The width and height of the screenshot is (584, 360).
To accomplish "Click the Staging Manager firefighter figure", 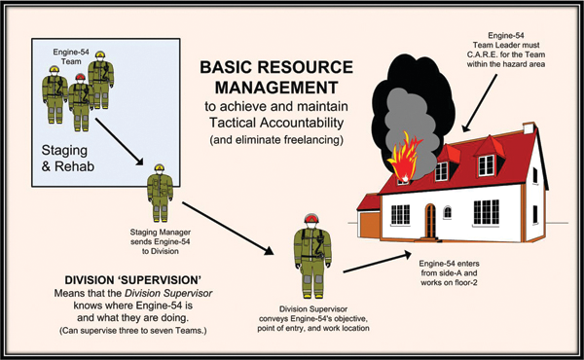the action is point(160,193).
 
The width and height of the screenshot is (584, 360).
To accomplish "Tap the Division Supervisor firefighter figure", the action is point(312,256).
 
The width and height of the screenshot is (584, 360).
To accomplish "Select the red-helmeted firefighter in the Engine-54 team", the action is point(80,102).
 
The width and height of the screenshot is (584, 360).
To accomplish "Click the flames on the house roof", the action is point(405,158).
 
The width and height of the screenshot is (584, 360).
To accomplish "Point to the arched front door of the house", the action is point(430,221).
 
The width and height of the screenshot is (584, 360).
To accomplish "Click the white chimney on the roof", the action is point(529,128).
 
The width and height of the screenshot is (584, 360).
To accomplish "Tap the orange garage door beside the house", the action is point(370,225).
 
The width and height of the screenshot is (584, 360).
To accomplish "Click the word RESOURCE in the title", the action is point(306,67).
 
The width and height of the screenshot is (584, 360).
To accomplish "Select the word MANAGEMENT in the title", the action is point(276,88).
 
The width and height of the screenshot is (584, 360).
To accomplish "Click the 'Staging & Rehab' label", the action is point(67,159).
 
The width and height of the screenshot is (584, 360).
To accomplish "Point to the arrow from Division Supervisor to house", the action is point(377,263).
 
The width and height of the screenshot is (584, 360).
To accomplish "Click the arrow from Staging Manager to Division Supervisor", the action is point(228,229).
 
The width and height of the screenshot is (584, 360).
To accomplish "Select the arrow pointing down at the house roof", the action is point(479,103).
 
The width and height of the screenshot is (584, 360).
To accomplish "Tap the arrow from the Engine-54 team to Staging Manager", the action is point(119,141).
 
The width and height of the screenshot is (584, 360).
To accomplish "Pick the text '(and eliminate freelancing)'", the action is point(276,140).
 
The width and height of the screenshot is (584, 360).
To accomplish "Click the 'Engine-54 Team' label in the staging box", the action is point(71,56).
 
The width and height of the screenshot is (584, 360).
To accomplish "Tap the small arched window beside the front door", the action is point(448,212).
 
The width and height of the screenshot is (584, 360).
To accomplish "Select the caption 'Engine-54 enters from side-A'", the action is point(449,268).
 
